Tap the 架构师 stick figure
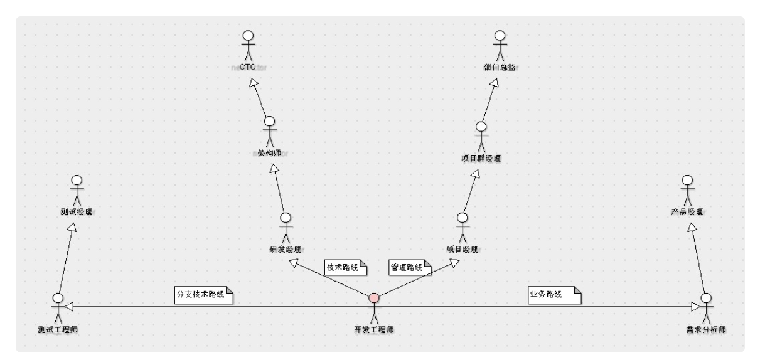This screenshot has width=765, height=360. pyautogui.click(x=269, y=130)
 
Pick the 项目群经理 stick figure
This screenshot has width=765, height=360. pyautogui.click(x=481, y=135)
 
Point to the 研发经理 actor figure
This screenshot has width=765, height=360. pyautogui.click(x=286, y=228)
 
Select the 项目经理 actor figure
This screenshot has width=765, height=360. pyautogui.click(x=463, y=228)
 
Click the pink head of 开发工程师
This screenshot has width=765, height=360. pyautogui.click(x=374, y=297)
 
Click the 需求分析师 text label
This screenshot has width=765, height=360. pyautogui.click(x=706, y=329)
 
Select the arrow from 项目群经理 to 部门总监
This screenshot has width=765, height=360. pyautogui.click(x=489, y=100)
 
